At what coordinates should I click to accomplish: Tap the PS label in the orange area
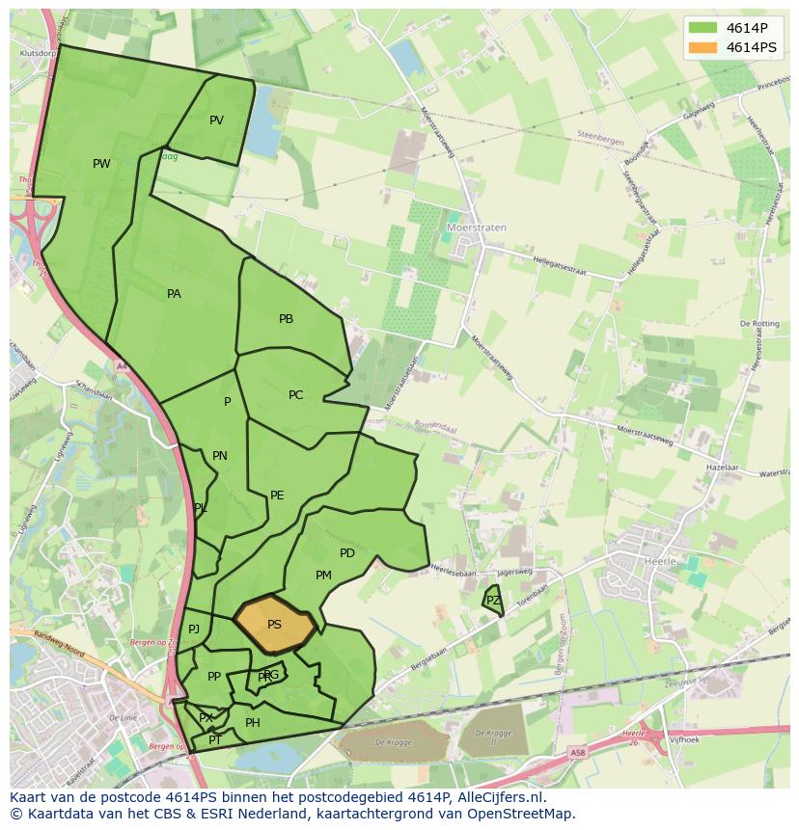point(274,625)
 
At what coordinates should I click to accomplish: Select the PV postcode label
point(216,120)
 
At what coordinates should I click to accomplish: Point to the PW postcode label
point(101,164)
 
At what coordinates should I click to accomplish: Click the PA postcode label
point(174,294)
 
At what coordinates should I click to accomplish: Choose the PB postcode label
point(286,319)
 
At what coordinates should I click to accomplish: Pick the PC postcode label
point(295,395)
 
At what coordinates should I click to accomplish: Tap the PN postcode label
point(220,456)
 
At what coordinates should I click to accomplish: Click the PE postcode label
point(277,495)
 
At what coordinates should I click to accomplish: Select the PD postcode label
point(347,553)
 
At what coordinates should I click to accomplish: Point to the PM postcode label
point(323,576)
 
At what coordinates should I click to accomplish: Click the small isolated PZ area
point(493,601)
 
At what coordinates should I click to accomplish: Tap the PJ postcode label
point(194,629)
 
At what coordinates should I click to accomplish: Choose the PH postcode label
point(253,723)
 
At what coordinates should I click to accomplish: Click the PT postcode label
point(215,740)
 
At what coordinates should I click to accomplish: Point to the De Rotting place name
point(759,324)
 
